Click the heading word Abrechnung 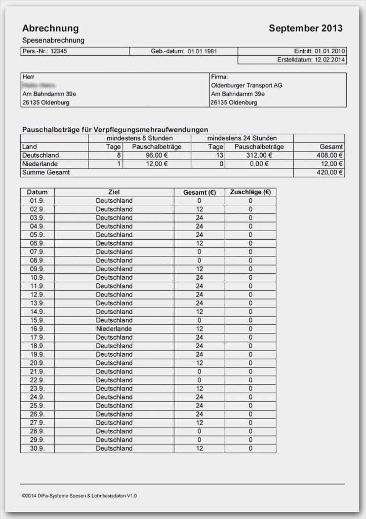[x=50, y=28]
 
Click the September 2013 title [x=305, y=28]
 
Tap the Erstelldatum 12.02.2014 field [x=311, y=60]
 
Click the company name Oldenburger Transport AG [x=247, y=85]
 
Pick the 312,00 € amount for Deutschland [x=259, y=155]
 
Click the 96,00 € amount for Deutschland [x=157, y=155]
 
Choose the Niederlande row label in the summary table [x=40, y=164]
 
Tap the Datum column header [x=37, y=192]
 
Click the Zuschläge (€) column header [x=250, y=192]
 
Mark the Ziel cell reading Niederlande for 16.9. [x=114, y=328]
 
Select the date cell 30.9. [x=37, y=448]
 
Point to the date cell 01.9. [x=37, y=201]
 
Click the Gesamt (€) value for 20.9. [x=199, y=363]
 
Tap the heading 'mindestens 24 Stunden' [x=242, y=138]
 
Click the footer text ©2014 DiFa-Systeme [x=79, y=495]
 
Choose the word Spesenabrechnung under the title [x=53, y=40]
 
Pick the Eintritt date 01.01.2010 [x=330, y=51]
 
